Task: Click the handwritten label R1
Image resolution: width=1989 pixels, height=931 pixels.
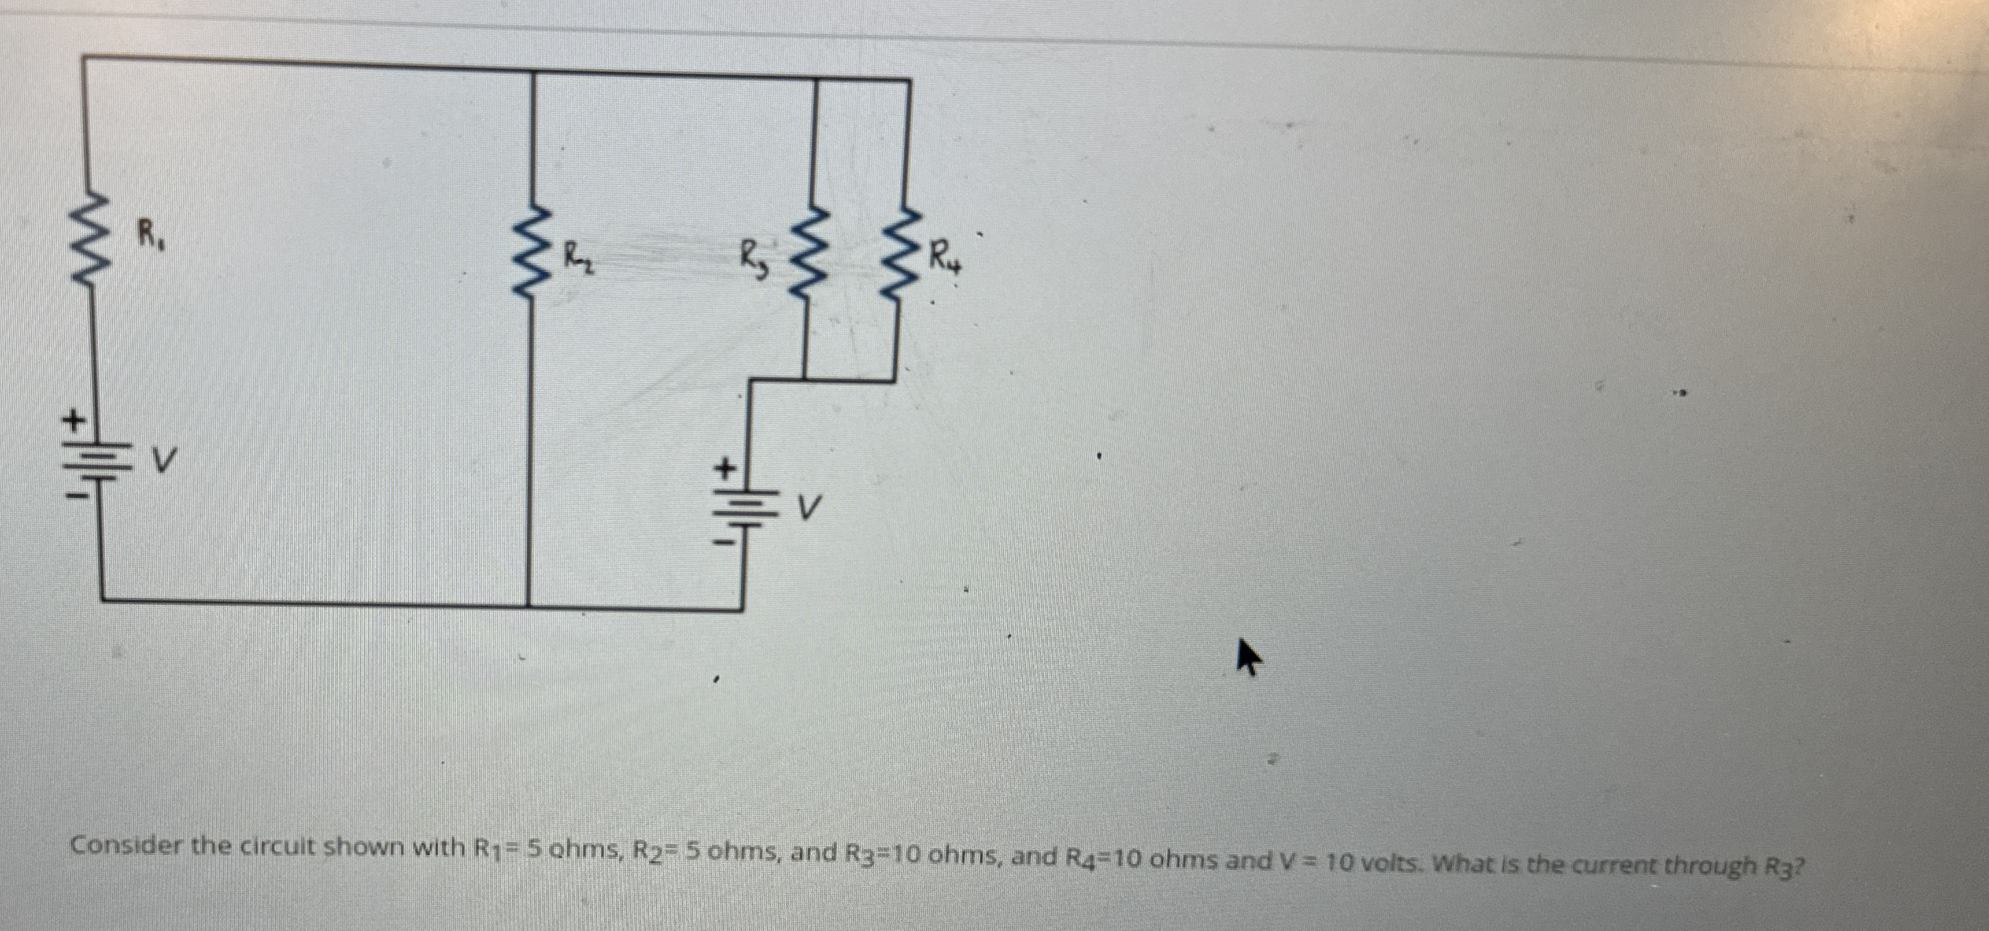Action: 150,232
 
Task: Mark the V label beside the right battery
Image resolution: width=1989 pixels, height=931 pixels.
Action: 807,506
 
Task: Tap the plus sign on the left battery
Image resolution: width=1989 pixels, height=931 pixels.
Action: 73,421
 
